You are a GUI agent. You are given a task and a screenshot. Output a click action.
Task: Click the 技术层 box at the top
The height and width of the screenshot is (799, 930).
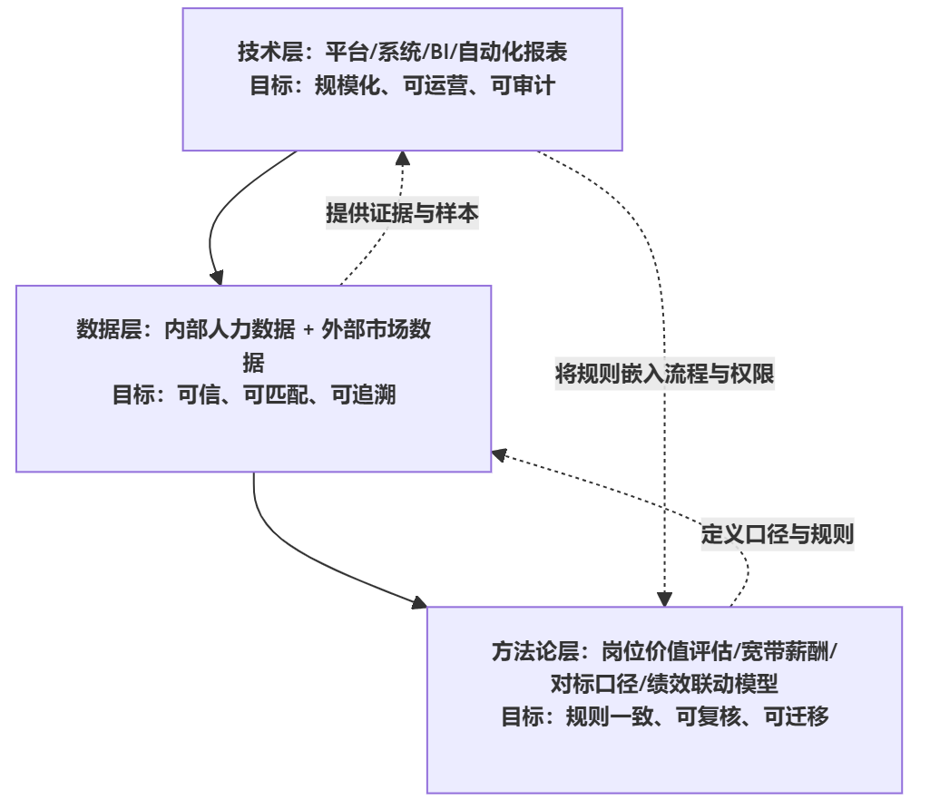point(402,79)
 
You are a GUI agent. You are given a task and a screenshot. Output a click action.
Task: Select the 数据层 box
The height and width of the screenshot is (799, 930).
point(253,378)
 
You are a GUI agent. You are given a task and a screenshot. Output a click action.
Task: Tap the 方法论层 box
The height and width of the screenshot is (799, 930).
point(664,699)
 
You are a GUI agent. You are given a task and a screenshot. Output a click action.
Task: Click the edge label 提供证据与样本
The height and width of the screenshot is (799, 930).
point(402,213)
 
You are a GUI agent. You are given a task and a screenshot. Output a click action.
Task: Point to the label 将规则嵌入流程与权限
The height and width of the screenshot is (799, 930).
point(664,374)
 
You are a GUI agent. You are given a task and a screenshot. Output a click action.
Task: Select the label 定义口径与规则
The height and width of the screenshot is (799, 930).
point(777,533)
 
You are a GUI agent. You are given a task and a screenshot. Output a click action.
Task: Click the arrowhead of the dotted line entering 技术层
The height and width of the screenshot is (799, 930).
point(403,158)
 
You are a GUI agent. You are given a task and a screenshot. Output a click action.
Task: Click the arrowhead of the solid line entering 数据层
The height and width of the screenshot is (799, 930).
point(216,277)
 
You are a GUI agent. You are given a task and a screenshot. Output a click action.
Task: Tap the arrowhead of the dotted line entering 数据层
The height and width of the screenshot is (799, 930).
point(498,453)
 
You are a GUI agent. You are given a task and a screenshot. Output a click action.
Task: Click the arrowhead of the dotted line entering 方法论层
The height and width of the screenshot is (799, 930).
point(665,599)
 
